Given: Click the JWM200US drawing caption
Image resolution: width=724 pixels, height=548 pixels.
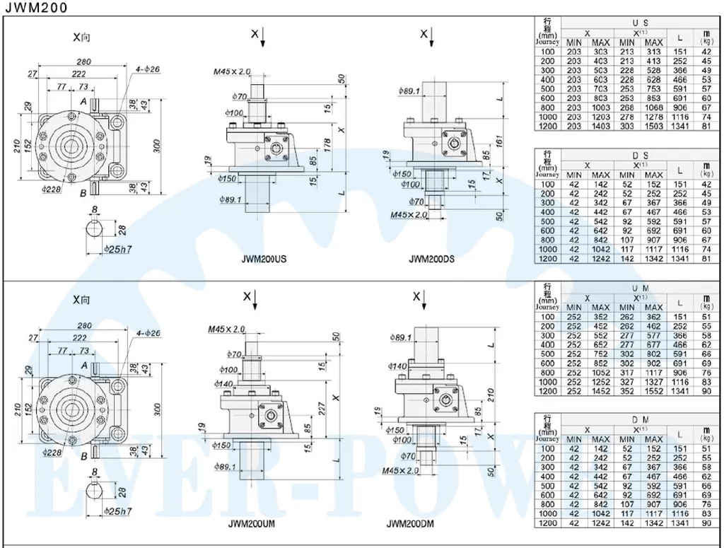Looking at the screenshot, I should pos(264,260).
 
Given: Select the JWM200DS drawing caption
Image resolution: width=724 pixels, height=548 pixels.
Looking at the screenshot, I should pos(431,260).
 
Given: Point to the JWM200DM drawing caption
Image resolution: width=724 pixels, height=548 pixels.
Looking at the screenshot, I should pos(410,524).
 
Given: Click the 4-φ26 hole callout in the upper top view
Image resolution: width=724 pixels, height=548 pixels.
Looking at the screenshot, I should pos(148,69).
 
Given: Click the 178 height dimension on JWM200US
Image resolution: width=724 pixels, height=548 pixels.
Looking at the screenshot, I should pos(327,145).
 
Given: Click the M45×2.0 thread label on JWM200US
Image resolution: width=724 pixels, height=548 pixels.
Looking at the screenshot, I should pos(233,72).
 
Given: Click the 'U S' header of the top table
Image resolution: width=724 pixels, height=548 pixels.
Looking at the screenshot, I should pos(641,23).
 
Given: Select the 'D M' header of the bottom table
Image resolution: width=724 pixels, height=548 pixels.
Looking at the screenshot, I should pos(641,420).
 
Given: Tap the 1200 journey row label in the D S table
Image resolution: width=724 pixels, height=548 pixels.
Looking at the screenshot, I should pos(547,259).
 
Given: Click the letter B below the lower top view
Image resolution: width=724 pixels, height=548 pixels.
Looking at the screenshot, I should pos(83,455).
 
